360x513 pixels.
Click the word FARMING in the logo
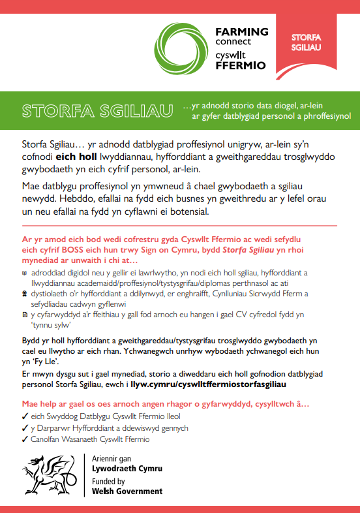point(242,31)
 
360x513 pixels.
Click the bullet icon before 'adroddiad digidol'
point(25,273)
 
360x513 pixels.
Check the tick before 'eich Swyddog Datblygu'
point(25,416)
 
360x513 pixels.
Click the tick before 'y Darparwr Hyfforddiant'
point(25,428)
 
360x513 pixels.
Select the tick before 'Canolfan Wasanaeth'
point(25,439)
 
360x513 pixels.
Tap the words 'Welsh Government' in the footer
point(127,491)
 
